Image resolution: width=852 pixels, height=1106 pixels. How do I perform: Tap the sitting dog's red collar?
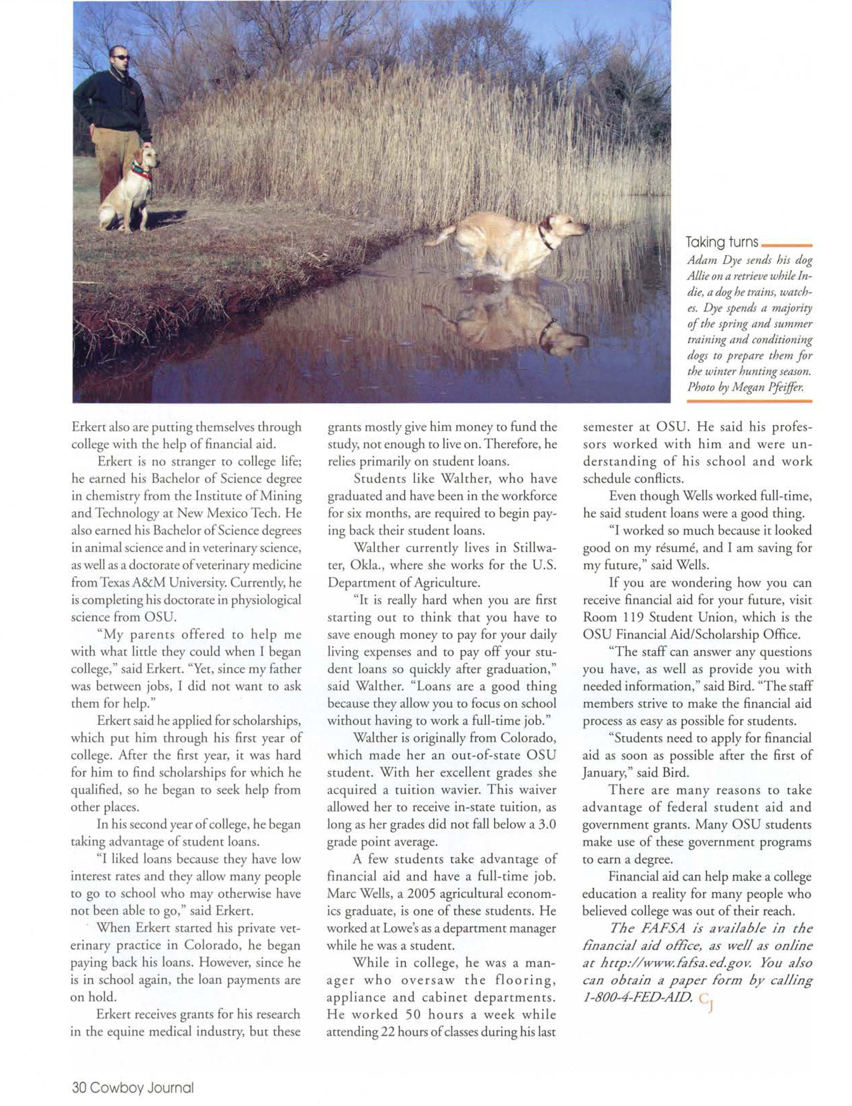coord(142,172)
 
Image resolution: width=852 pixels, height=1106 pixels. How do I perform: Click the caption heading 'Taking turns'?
coord(722,242)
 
